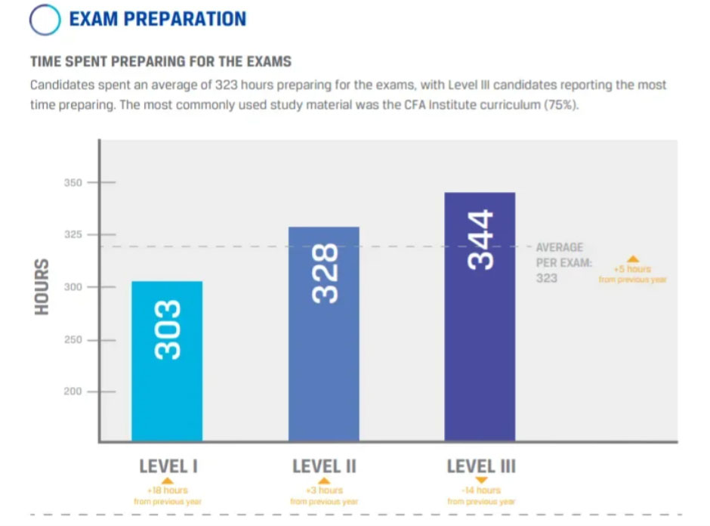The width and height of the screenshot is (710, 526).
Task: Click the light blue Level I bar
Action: (167, 360)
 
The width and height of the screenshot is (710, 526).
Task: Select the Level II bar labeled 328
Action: (324, 333)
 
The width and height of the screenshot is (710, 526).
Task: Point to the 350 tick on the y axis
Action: (73, 183)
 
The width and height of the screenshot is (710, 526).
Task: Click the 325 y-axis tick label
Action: (73, 235)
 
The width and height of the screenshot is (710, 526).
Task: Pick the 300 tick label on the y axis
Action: (73, 287)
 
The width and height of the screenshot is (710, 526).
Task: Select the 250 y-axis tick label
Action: (73, 340)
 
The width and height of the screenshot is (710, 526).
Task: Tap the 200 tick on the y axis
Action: (73, 392)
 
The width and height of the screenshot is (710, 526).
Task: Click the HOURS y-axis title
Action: (42, 287)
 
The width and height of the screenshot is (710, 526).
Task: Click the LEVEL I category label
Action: (168, 466)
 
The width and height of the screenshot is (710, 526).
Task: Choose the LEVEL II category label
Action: (324, 466)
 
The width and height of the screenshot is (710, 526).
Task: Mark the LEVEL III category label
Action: (481, 466)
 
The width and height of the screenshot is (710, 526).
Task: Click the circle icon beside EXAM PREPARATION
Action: (45, 20)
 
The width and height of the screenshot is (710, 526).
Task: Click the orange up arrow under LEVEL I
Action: (168, 481)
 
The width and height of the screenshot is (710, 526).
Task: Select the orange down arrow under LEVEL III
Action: (481, 481)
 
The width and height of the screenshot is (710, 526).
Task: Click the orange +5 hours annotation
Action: (633, 269)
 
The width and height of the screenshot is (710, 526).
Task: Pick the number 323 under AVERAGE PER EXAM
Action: (546, 278)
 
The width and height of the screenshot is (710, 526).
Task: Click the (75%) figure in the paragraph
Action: (561, 104)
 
